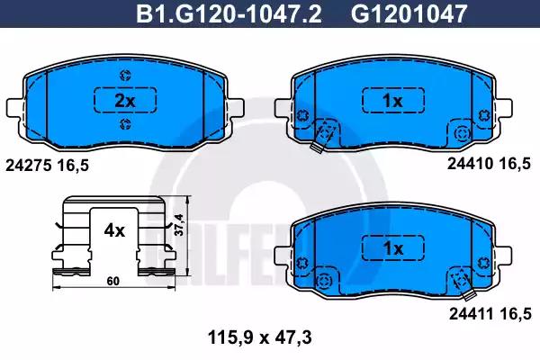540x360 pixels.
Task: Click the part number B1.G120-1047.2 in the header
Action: [x=229, y=13]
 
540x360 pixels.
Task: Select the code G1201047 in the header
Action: [x=409, y=13]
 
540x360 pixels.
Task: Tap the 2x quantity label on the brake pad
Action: [x=125, y=101]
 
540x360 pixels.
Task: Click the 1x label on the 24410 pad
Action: [x=393, y=101]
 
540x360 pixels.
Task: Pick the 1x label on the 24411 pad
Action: [x=393, y=248]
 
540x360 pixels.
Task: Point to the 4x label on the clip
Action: [x=114, y=230]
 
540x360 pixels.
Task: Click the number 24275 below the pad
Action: [x=29, y=166]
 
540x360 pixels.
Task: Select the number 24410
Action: [x=470, y=164]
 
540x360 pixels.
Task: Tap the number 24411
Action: [x=471, y=314]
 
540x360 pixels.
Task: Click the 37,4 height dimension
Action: [x=179, y=225]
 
